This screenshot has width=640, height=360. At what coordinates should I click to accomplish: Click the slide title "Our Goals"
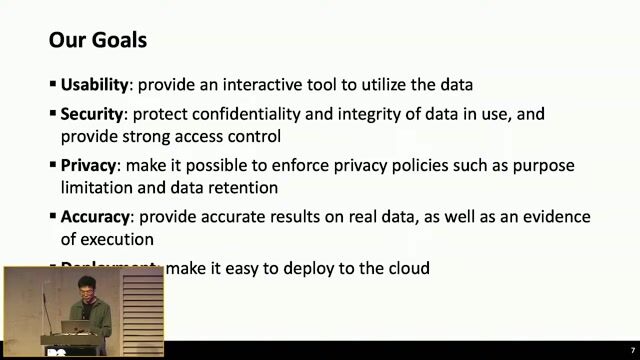point(98,41)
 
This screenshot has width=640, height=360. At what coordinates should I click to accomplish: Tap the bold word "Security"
point(91,115)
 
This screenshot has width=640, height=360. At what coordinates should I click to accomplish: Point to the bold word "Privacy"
point(89,165)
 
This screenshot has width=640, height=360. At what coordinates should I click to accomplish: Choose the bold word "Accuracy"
point(96,217)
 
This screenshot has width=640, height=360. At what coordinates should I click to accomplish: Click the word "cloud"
point(408,268)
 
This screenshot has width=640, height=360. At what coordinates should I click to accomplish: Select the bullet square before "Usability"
point(53,84)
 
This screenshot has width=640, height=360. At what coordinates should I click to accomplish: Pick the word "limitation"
point(99,187)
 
